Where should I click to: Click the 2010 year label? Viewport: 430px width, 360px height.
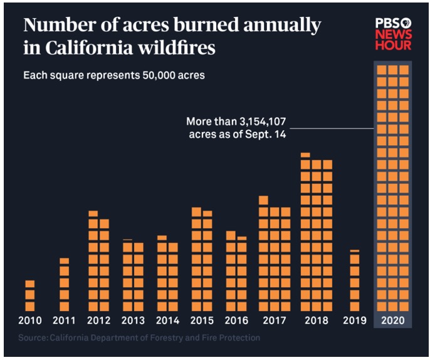pos(30,320)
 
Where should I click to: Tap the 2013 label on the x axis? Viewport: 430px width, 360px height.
pos(133,320)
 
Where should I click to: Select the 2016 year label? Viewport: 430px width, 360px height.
pos(236,320)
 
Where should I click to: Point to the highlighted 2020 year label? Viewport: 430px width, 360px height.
pos(392,320)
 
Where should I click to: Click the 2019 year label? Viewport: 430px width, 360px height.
pos(354,320)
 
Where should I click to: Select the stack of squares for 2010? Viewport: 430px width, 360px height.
pos(30,295)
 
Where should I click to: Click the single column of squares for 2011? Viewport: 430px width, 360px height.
pos(64,285)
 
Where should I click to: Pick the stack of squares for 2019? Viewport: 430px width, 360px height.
pos(354,281)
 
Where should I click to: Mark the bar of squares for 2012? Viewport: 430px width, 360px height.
pos(98,261)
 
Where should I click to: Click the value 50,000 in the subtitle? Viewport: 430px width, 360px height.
pos(152,75)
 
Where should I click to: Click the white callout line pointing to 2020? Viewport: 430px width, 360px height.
pos(332,129)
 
